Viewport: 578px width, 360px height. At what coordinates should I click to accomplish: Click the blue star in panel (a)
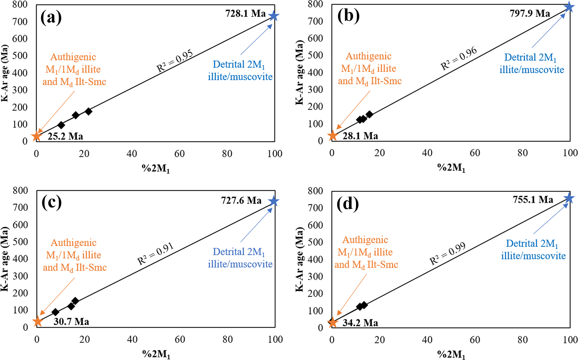pos(274,16)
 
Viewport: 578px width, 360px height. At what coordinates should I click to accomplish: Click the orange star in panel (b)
pos(333,135)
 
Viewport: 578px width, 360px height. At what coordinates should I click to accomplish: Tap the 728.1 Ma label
pos(245,13)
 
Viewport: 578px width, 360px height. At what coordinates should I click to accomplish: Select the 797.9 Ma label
pos(530,13)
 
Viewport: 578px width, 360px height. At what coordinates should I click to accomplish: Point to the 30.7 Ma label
pos(71,321)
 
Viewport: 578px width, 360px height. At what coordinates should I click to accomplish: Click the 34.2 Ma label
pos(360,323)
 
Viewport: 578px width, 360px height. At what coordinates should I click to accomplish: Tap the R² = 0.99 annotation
pos(448,253)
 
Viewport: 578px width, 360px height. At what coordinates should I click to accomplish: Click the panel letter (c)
pos(51,203)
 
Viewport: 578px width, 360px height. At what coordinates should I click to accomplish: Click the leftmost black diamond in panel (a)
pos(61,125)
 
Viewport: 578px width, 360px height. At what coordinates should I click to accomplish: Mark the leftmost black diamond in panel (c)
pos(55,312)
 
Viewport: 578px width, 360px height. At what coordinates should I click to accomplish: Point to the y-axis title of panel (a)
pos(5,73)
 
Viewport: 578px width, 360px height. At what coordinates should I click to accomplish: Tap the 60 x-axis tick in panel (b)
pos(475,153)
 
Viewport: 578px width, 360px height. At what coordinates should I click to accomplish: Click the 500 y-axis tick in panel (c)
pos(21,242)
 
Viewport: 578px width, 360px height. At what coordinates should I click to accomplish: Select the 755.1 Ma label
pos(533,200)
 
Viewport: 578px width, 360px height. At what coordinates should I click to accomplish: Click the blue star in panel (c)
pos(274,201)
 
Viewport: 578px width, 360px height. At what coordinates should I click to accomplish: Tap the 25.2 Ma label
pos(65,136)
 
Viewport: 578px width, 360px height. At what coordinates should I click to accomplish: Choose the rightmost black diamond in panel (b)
pos(370,114)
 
